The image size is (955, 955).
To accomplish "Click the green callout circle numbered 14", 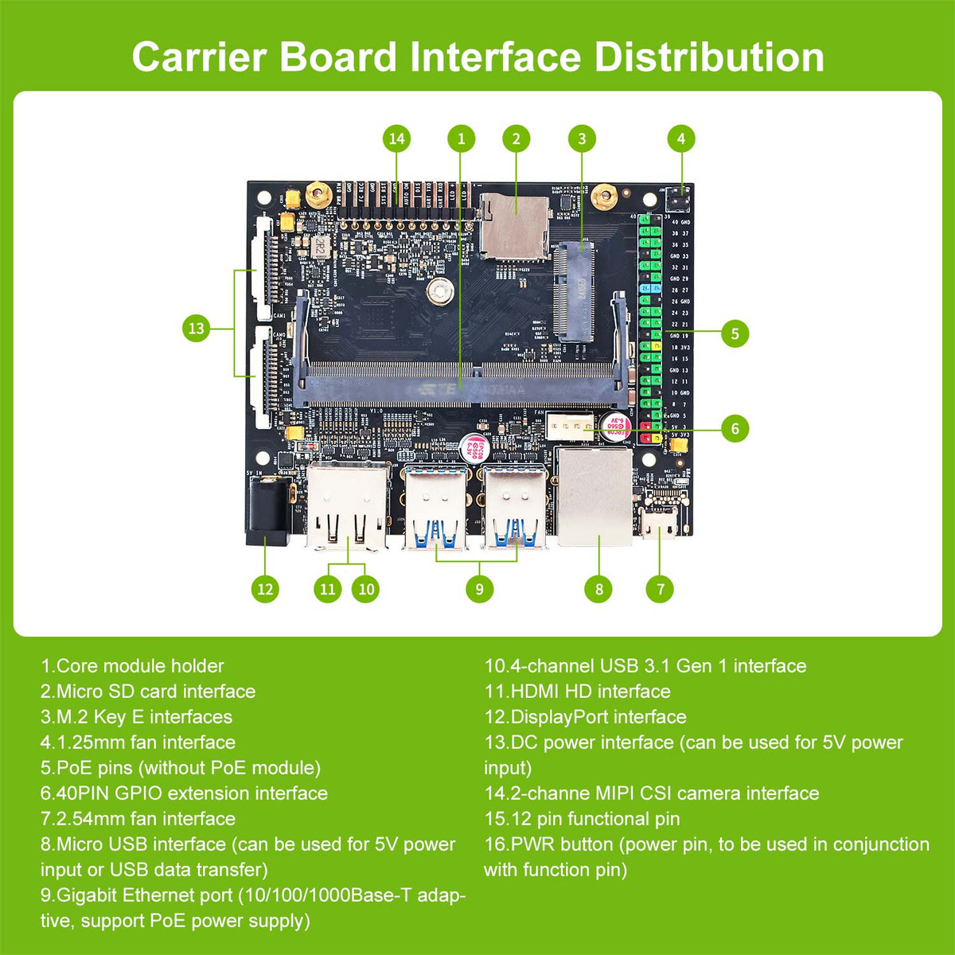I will (396, 138).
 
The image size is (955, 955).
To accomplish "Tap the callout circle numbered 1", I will (461, 138).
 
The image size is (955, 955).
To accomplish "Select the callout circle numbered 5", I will (735, 333).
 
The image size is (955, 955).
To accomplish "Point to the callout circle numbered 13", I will (196, 328).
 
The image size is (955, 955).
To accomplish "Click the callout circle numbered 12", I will (265, 589).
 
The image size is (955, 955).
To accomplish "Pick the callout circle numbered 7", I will (660, 589).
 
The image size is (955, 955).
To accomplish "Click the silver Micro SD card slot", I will (514, 224).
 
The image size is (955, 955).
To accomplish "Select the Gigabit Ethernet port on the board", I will (594, 497).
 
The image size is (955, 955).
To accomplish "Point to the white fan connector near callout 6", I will (571, 428).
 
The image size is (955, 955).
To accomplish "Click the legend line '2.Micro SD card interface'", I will (148, 692).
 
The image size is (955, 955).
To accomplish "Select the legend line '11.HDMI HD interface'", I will (577, 692).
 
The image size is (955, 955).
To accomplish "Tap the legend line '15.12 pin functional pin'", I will (582, 819).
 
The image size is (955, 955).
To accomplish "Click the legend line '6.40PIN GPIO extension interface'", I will (184, 793).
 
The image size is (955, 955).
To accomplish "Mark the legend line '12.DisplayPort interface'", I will (585, 717).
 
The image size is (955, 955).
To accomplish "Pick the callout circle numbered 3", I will (582, 138).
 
